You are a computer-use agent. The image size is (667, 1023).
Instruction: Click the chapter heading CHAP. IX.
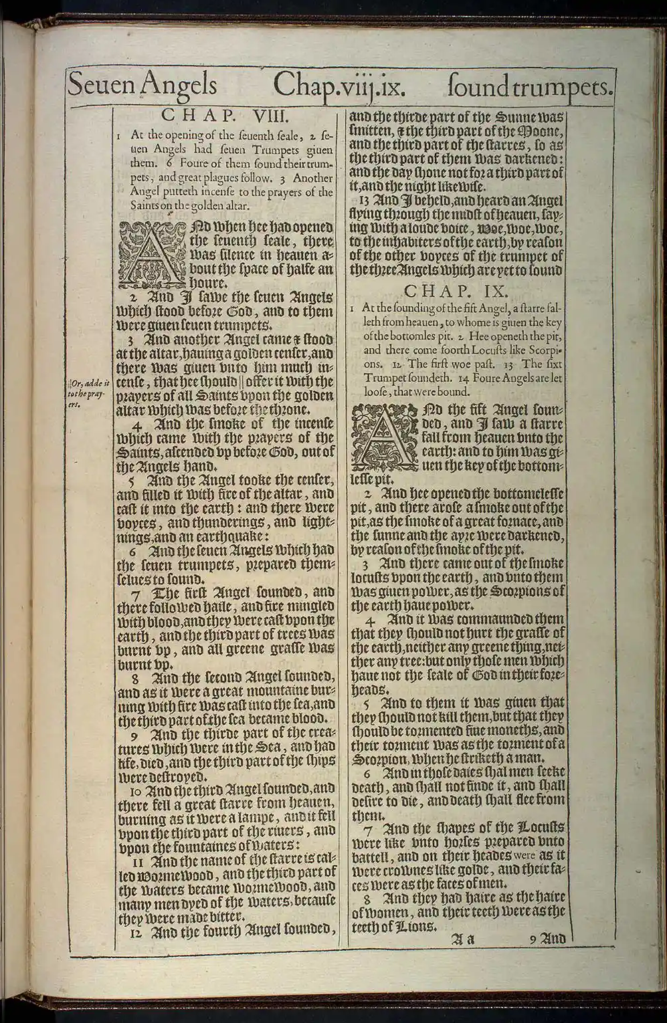(x=458, y=292)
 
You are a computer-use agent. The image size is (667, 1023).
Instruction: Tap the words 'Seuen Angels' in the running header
(x=142, y=86)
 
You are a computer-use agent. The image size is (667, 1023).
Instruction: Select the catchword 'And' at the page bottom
(x=553, y=939)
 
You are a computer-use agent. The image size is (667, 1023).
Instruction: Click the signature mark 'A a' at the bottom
(x=461, y=939)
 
